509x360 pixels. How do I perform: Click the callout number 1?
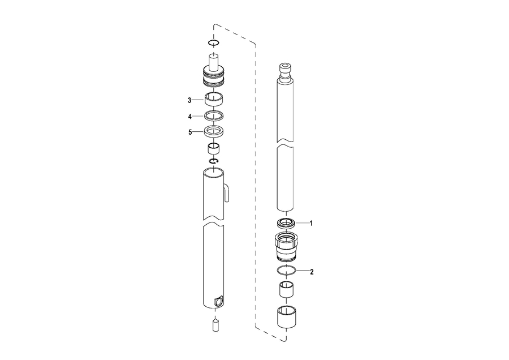pyautogui.click(x=311, y=224)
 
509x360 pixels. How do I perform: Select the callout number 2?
pyautogui.click(x=312, y=272)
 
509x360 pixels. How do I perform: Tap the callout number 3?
pyautogui.click(x=189, y=100)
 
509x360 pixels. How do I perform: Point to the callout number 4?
pyautogui.click(x=190, y=116)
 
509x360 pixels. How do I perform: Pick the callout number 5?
pyautogui.click(x=190, y=132)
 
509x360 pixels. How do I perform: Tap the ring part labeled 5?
pyautogui.click(x=214, y=131)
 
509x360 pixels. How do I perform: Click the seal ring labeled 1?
pyautogui.click(x=286, y=224)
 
